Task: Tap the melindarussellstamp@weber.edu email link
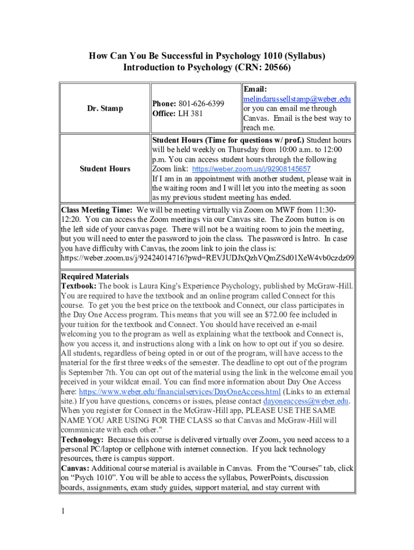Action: (297, 99)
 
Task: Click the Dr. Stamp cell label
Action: (105, 108)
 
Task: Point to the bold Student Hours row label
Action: (105, 169)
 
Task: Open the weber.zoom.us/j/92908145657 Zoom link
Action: (255, 169)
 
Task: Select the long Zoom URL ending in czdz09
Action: (207, 258)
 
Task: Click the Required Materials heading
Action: (95, 277)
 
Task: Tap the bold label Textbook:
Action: (78, 286)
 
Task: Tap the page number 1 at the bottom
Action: (63, 511)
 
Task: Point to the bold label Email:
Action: (255, 90)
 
